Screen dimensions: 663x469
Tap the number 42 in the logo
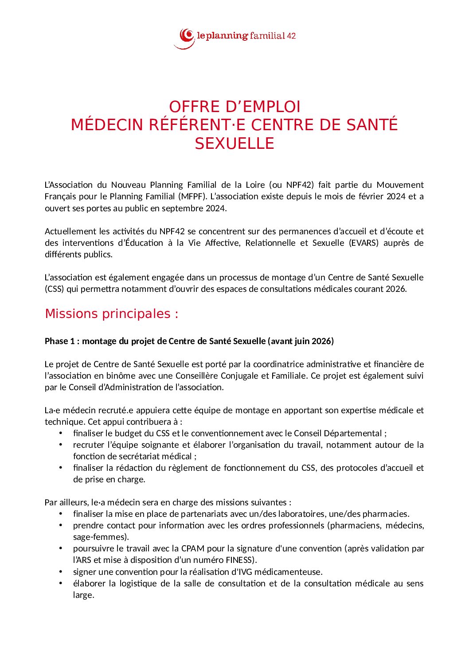[291, 36]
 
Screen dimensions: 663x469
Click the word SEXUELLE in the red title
[234, 143]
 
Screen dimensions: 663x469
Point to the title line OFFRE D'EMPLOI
[234, 107]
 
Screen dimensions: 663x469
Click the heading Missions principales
[111, 314]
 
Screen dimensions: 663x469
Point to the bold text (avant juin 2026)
[301, 341]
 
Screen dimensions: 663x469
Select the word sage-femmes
[101, 537]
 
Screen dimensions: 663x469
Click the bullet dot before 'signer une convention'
[61, 572]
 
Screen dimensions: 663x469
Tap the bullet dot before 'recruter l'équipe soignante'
[61, 445]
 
